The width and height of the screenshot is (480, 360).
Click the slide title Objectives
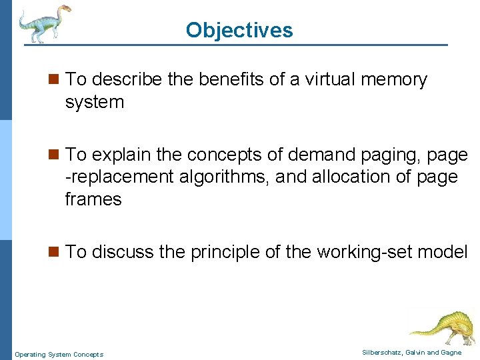[239, 30]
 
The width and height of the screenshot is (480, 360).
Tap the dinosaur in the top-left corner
[44, 23]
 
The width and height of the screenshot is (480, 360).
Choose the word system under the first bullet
[95, 103]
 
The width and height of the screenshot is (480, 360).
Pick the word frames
[93, 199]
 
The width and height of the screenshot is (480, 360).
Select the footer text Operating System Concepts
[59, 355]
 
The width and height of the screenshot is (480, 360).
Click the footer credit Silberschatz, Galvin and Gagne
[411, 352]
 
